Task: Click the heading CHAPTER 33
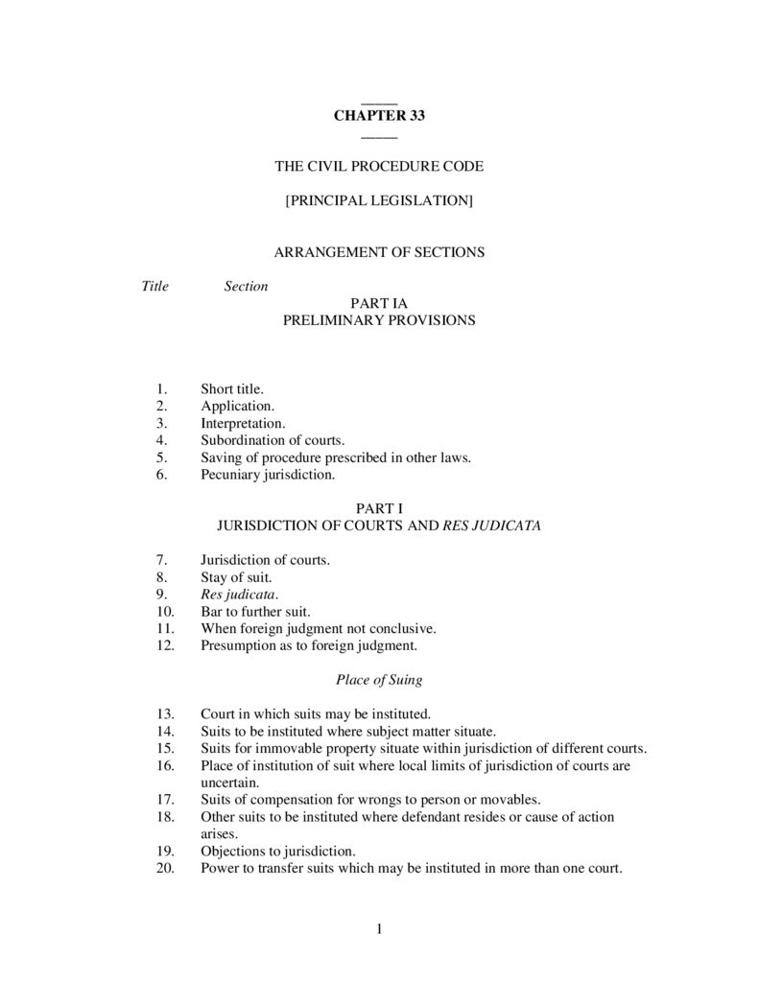[x=379, y=116]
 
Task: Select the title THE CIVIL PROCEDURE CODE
[x=379, y=166]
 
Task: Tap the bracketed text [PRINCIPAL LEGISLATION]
[x=379, y=201]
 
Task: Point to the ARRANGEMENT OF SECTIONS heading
[x=379, y=252]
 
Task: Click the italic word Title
[x=154, y=286]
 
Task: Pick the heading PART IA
[x=379, y=303]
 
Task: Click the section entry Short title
[x=231, y=388]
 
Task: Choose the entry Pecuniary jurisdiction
[x=268, y=475]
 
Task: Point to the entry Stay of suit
[x=236, y=577]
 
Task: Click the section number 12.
[x=164, y=645]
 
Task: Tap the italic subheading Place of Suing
[x=379, y=680]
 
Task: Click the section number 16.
[x=164, y=765]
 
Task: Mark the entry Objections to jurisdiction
[x=277, y=851]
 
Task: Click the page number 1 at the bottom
[x=380, y=927]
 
